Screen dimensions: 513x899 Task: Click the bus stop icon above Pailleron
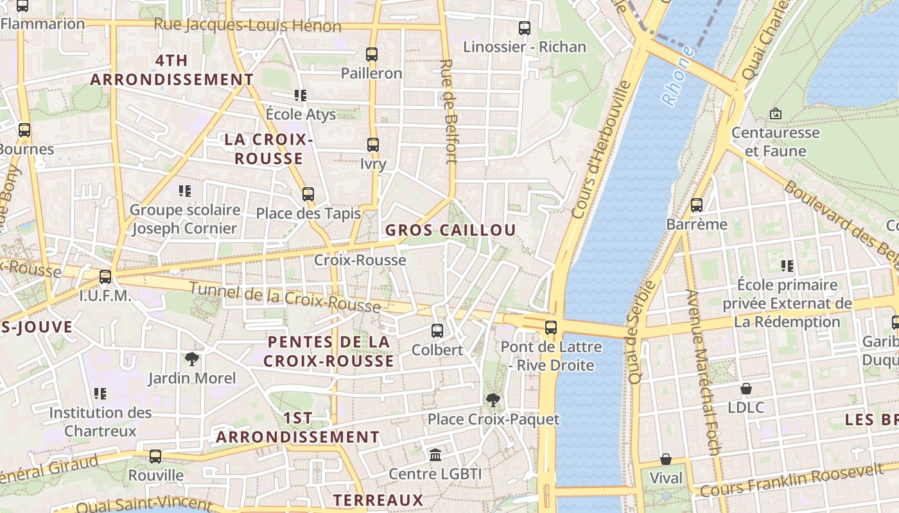[372, 55]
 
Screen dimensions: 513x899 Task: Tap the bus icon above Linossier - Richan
[525, 28]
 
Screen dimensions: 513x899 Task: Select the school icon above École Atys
[301, 96]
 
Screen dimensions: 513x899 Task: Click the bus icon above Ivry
[373, 145]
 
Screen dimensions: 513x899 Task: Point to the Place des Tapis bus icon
[308, 194]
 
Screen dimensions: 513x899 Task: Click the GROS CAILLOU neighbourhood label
[450, 230]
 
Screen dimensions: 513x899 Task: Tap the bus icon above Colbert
[437, 331]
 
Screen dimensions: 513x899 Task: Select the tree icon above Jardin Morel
[192, 359]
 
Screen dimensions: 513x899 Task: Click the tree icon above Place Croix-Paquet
[493, 401]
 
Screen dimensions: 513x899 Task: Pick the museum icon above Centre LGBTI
[435, 455]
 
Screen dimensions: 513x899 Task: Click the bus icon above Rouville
[155, 457]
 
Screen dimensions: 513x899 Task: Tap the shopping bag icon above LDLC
[746, 389]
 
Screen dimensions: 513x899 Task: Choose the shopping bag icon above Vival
[666, 459]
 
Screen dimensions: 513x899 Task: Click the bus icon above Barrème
[697, 206]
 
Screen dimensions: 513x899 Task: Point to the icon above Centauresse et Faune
[776, 114]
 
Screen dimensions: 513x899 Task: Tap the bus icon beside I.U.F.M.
[105, 277]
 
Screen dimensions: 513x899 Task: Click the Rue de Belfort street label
[448, 112]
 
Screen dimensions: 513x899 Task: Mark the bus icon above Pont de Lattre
[551, 328]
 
